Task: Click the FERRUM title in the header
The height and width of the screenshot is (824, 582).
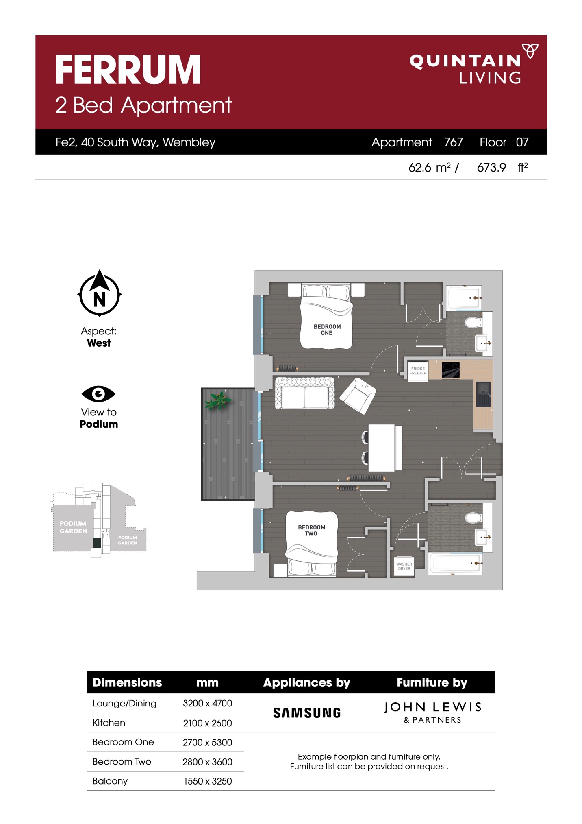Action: [128, 70]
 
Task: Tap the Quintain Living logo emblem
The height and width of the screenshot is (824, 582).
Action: [530, 51]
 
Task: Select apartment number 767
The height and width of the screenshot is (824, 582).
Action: [453, 142]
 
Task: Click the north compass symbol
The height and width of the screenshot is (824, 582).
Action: [100, 293]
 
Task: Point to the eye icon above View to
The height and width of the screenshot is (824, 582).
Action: [98, 393]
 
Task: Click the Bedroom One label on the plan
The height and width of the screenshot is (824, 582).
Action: [327, 330]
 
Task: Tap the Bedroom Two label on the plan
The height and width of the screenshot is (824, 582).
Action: [311, 530]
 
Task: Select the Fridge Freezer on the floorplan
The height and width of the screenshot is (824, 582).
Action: [418, 371]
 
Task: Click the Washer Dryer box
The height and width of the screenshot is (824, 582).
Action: [404, 566]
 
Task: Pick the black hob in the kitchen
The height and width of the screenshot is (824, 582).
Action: [450, 369]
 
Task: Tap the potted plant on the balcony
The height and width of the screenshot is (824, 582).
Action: [218, 400]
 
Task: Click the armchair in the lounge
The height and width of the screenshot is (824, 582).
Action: [358, 396]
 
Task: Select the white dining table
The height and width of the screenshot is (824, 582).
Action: [381, 448]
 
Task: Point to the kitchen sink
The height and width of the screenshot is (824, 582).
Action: [484, 394]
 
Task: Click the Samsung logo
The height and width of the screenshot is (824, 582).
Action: [307, 713]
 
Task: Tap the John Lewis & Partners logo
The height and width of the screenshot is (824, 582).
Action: [433, 712]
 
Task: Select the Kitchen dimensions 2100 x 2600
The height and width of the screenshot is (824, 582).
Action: [207, 723]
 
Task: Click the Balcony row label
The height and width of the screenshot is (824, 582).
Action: [110, 781]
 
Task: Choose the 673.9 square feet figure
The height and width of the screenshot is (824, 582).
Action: [491, 168]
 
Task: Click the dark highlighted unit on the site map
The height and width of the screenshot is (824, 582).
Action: [97, 542]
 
